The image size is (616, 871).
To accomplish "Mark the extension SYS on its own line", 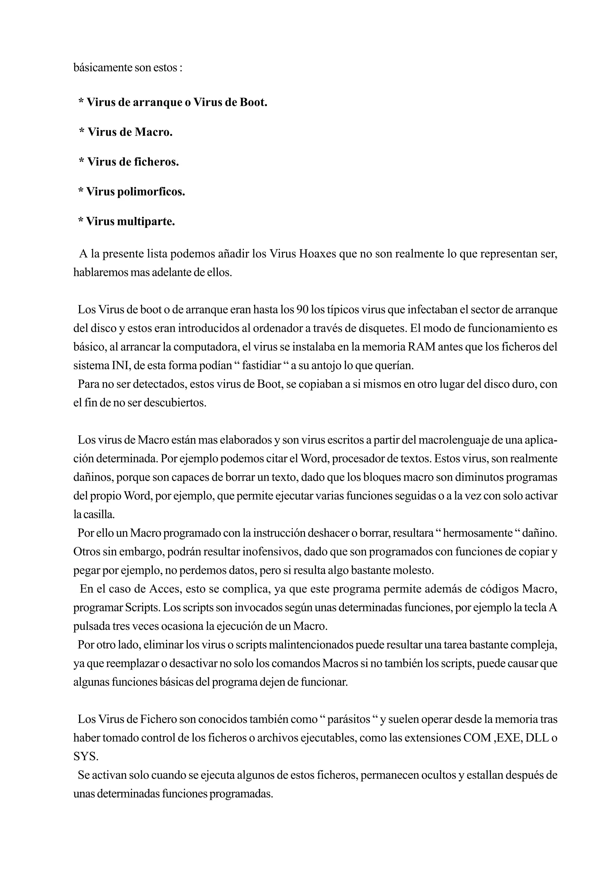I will pyautogui.click(x=85, y=756).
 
